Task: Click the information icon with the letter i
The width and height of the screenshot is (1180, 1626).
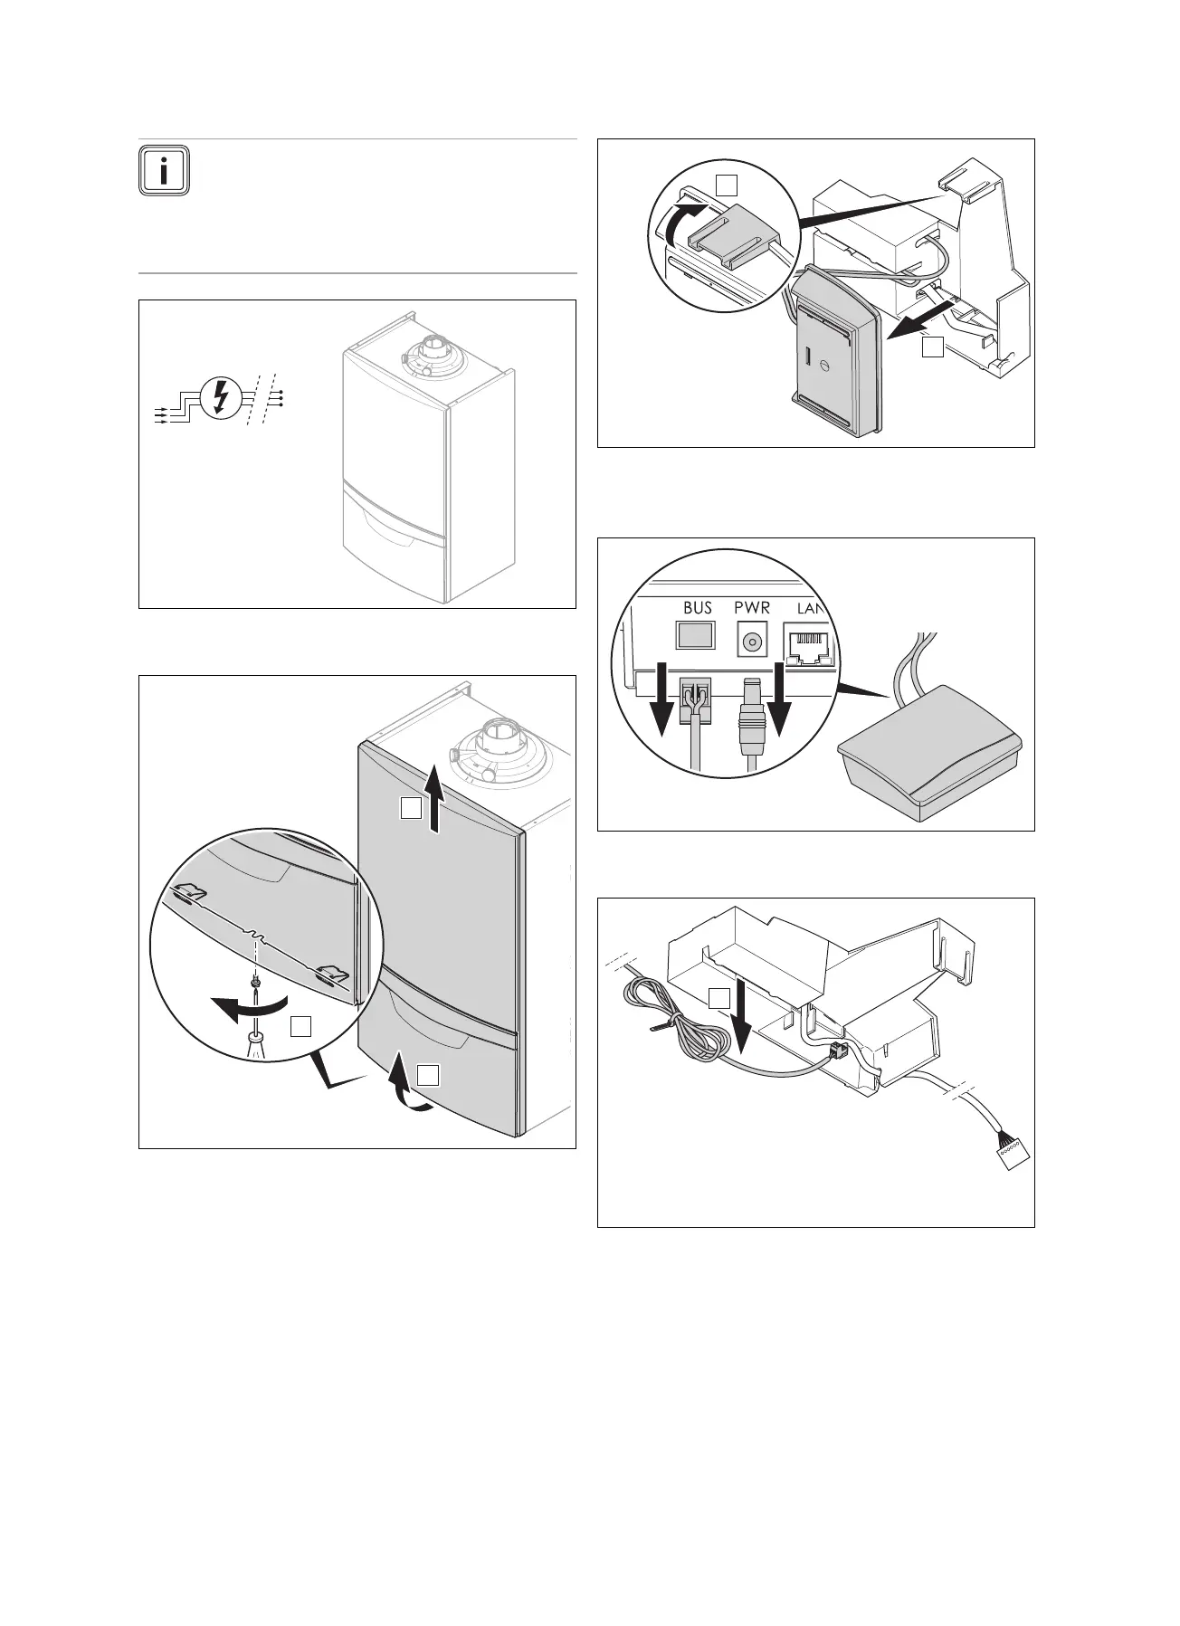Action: tap(164, 169)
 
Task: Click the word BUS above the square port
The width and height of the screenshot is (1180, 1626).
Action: tap(697, 608)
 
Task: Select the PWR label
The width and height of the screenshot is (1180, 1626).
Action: tap(752, 608)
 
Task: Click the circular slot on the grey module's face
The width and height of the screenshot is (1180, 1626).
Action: tap(824, 366)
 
